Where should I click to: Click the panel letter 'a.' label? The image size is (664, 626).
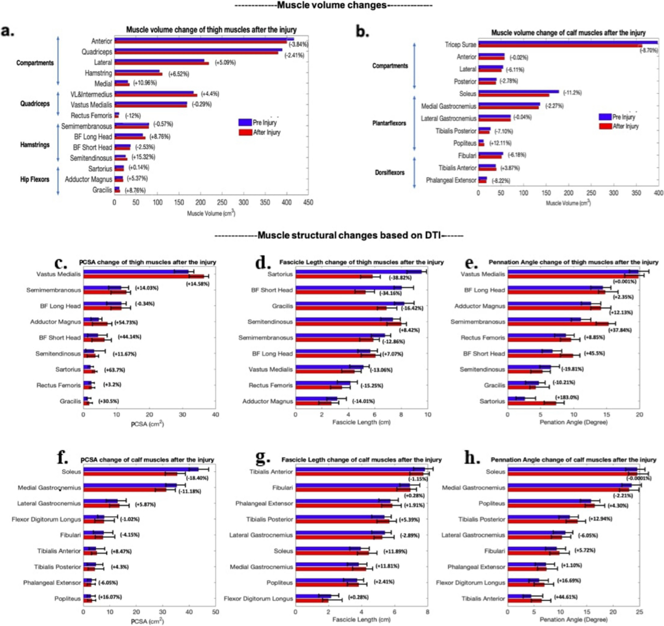point(8,31)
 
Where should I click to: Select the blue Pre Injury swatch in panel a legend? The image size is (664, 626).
point(245,123)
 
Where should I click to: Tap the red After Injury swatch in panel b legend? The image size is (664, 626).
point(605,126)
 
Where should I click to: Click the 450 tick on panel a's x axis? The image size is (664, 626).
point(308,202)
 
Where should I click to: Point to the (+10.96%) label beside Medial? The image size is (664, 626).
point(145,83)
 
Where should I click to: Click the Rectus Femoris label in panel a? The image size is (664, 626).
point(91,115)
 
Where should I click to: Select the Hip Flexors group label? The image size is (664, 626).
point(35,179)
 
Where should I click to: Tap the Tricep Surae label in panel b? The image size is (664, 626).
point(460,45)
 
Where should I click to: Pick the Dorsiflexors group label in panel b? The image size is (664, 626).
point(390,172)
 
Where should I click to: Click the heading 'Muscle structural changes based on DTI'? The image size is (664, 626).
point(339,236)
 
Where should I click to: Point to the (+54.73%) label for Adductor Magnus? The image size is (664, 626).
point(126,322)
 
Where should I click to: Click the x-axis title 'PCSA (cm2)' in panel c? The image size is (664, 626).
point(147,424)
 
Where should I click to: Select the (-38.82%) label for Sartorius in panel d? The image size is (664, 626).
point(400,278)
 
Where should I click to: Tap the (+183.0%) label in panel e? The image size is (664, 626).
point(566,397)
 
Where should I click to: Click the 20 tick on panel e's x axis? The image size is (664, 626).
point(640,414)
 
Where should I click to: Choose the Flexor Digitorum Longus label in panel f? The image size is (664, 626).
point(47,519)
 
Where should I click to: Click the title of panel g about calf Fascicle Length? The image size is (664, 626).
point(361,460)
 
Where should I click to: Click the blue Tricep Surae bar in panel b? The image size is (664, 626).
point(568,43)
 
